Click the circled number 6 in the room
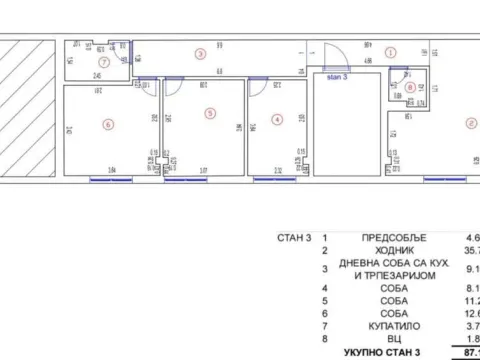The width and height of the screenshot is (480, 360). (x=108, y=125)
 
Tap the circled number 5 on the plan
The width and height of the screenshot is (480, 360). (x=209, y=113)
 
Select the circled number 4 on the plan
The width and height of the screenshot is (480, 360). (x=277, y=118)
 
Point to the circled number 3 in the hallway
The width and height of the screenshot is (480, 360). (x=200, y=54)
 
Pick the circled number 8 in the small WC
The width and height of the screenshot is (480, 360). (x=411, y=87)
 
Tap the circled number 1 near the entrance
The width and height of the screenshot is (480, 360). (x=391, y=51)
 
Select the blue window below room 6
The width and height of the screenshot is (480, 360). (x=110, y=180)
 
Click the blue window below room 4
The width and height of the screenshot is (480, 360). (x=274, y=180)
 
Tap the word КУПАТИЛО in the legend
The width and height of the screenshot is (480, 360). (x=392, y=325)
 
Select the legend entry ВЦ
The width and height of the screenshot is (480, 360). (x=392, y=339)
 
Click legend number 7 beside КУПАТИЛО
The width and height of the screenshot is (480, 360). (x=324, y=325)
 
